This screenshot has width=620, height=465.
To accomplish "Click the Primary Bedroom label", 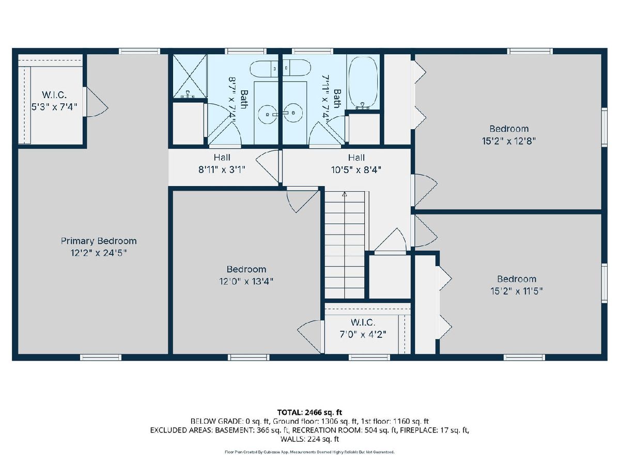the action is coord(99,241).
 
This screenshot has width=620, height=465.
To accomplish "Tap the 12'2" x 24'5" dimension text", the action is coord(99,253).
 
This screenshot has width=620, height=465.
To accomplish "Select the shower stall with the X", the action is coord(190,76).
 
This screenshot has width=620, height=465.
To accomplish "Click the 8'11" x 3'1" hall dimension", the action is coord(222,169).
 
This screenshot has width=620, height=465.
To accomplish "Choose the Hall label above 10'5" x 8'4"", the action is coord(356,157).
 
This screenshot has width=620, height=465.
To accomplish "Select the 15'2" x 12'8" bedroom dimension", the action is coord(509,141).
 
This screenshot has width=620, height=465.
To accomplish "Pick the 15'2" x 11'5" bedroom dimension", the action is coord(517,291).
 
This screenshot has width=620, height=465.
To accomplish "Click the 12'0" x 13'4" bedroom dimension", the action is coord(246,282).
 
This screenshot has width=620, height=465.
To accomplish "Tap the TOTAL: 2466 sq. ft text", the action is coord(309,412).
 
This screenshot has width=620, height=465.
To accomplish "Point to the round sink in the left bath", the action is coord(267,113).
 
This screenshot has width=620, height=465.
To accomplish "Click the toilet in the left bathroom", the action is coord(264,68).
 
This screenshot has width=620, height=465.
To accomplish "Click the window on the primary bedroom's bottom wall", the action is coord(101,358).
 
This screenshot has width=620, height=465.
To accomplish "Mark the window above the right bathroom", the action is coord(313,51).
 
